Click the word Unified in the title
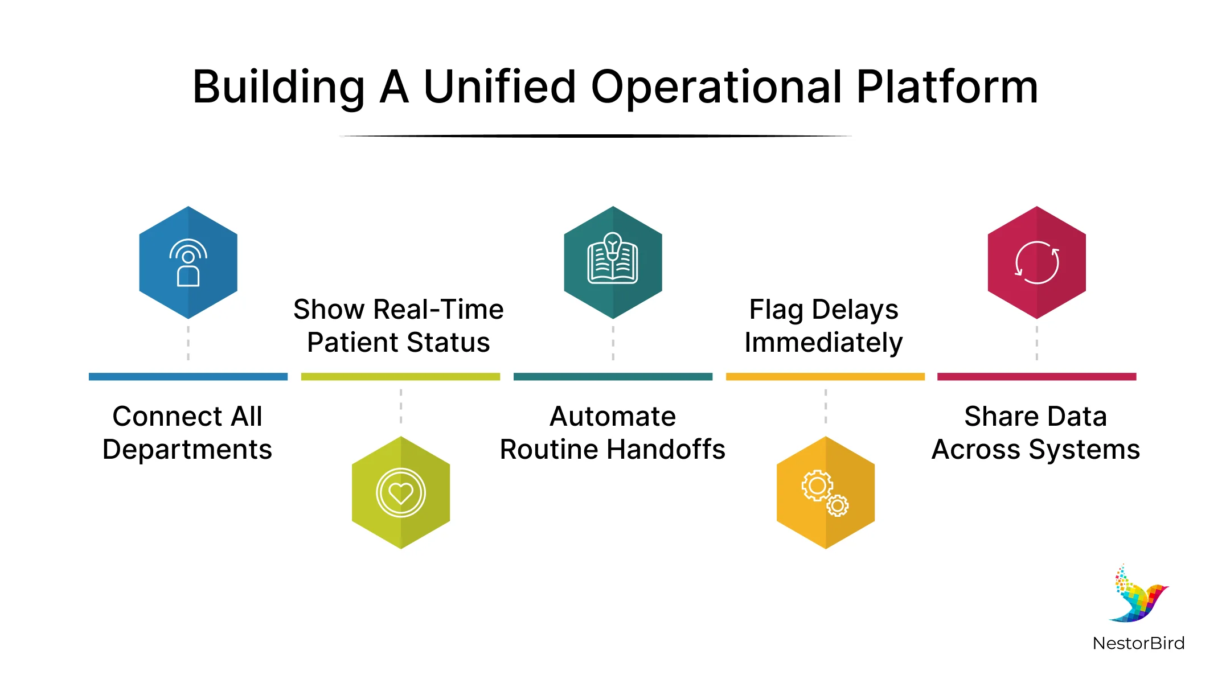click(x=499, y=87)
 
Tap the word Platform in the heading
click(x=947, y=87)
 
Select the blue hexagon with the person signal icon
click(x=188, y=262)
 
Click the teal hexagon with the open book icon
click(x=613, y=262)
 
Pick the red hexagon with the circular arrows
click(x=1036, y=262)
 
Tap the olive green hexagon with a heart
click(x=401, y=492)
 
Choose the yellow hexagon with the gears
click(x=825, y=492)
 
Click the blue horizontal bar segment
click(x=188, y=377)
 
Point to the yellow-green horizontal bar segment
click(x=400, y=377)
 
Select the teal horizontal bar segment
click(x=613, y=377)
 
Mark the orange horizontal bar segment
click(x=825, y=377)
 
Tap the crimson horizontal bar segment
click(x=1036, y=377)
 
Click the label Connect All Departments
click(x=187, y=433)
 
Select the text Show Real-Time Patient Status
click(x=399, y=326)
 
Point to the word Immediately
click(x=823, y=343)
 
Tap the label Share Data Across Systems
click(x=1035, y=433)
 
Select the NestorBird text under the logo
click(x=1138, y=643)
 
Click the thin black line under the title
click(x=595, y=136)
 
